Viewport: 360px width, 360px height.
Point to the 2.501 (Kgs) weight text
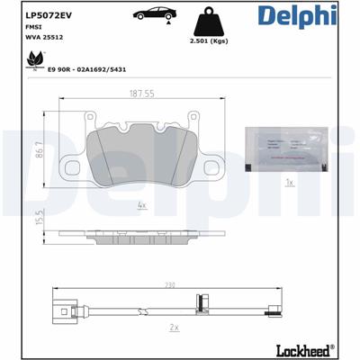(210, 42)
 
